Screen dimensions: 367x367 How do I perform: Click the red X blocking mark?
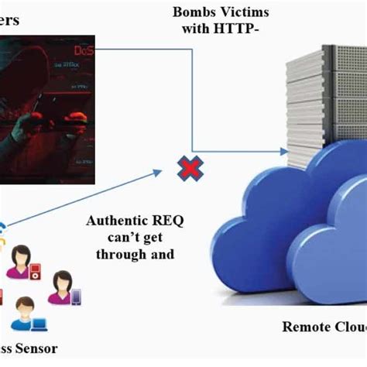pos(187,167)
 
